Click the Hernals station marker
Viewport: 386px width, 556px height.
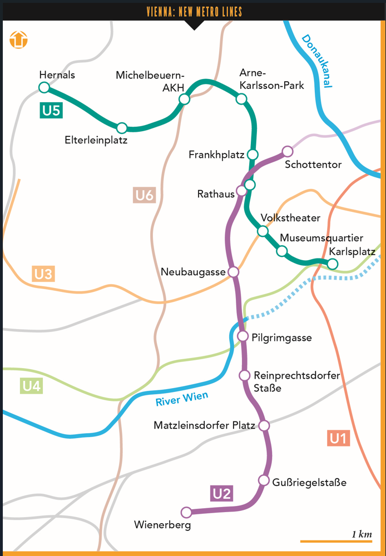click(x=44, y=87)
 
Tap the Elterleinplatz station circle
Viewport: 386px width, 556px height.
click(x=122, y=128)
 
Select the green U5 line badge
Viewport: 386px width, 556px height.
click(x=51, y=111)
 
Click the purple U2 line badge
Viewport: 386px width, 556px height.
click(x=221, y=493)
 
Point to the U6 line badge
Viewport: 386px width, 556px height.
click(x=145, y=195)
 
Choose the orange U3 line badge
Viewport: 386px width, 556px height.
click(x=43, y=274)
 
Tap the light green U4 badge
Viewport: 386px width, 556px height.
click(x=31, y=386)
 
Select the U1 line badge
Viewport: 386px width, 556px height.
click(x=338, y=439)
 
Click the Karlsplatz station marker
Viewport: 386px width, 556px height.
click(x=332, y=264)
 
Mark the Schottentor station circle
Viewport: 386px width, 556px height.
click(x=287, y=151)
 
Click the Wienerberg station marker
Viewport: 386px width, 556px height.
click(x=186, y=512)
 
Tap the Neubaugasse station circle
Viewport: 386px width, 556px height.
click(x=234, y=271)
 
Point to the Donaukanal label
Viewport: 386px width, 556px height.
click(x=316, y=61)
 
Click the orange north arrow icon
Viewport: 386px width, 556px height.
click(x=18, y=39)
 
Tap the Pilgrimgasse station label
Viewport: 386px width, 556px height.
click(x=281, y=337)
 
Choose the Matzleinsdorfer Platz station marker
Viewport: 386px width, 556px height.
click(x=264, y=425)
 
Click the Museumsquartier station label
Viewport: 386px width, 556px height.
click(x=321, y=238)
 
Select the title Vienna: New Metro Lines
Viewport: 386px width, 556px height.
click(x=194, y=12)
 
